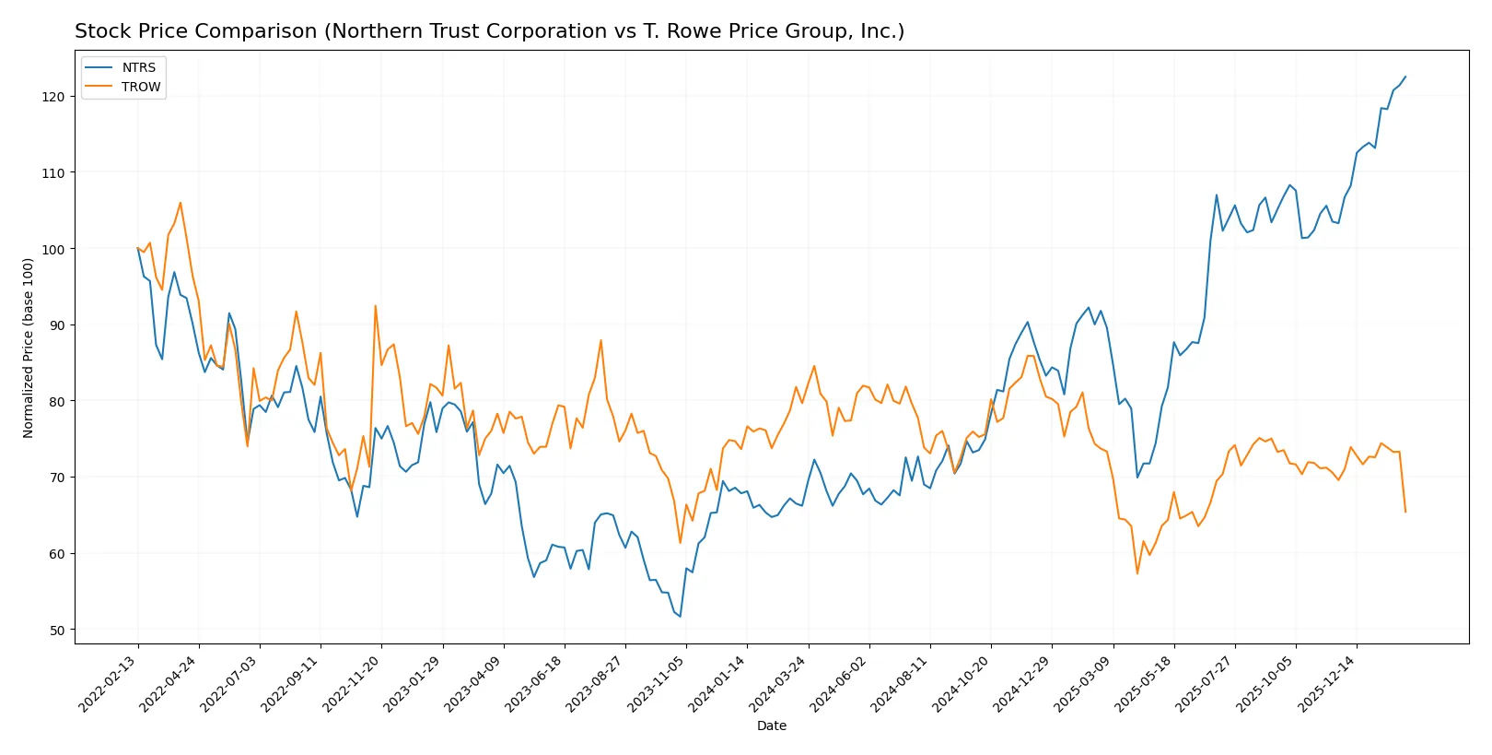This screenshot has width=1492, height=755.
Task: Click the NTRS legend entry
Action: click(x=138, y=68)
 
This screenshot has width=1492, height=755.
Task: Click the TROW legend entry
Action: click(x=140, y=88)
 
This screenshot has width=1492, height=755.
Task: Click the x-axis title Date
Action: click(x=771, y=726)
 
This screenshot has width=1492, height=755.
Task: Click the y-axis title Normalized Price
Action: click(x=29, y=348)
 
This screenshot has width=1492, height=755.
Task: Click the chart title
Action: click(x=489, y=31)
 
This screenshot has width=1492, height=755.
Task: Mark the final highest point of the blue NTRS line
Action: click(x=1405, y=77)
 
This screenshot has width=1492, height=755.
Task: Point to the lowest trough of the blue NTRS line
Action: click(x=680, y=617)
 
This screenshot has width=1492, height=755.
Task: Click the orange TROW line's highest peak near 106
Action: click(x=181, y=203)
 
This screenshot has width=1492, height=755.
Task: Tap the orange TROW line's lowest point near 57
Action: click(x=1137, y=573)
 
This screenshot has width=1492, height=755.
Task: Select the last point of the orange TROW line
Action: click(x=1405, y=512)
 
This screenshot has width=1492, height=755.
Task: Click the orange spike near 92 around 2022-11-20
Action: click(x=375, y=306)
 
